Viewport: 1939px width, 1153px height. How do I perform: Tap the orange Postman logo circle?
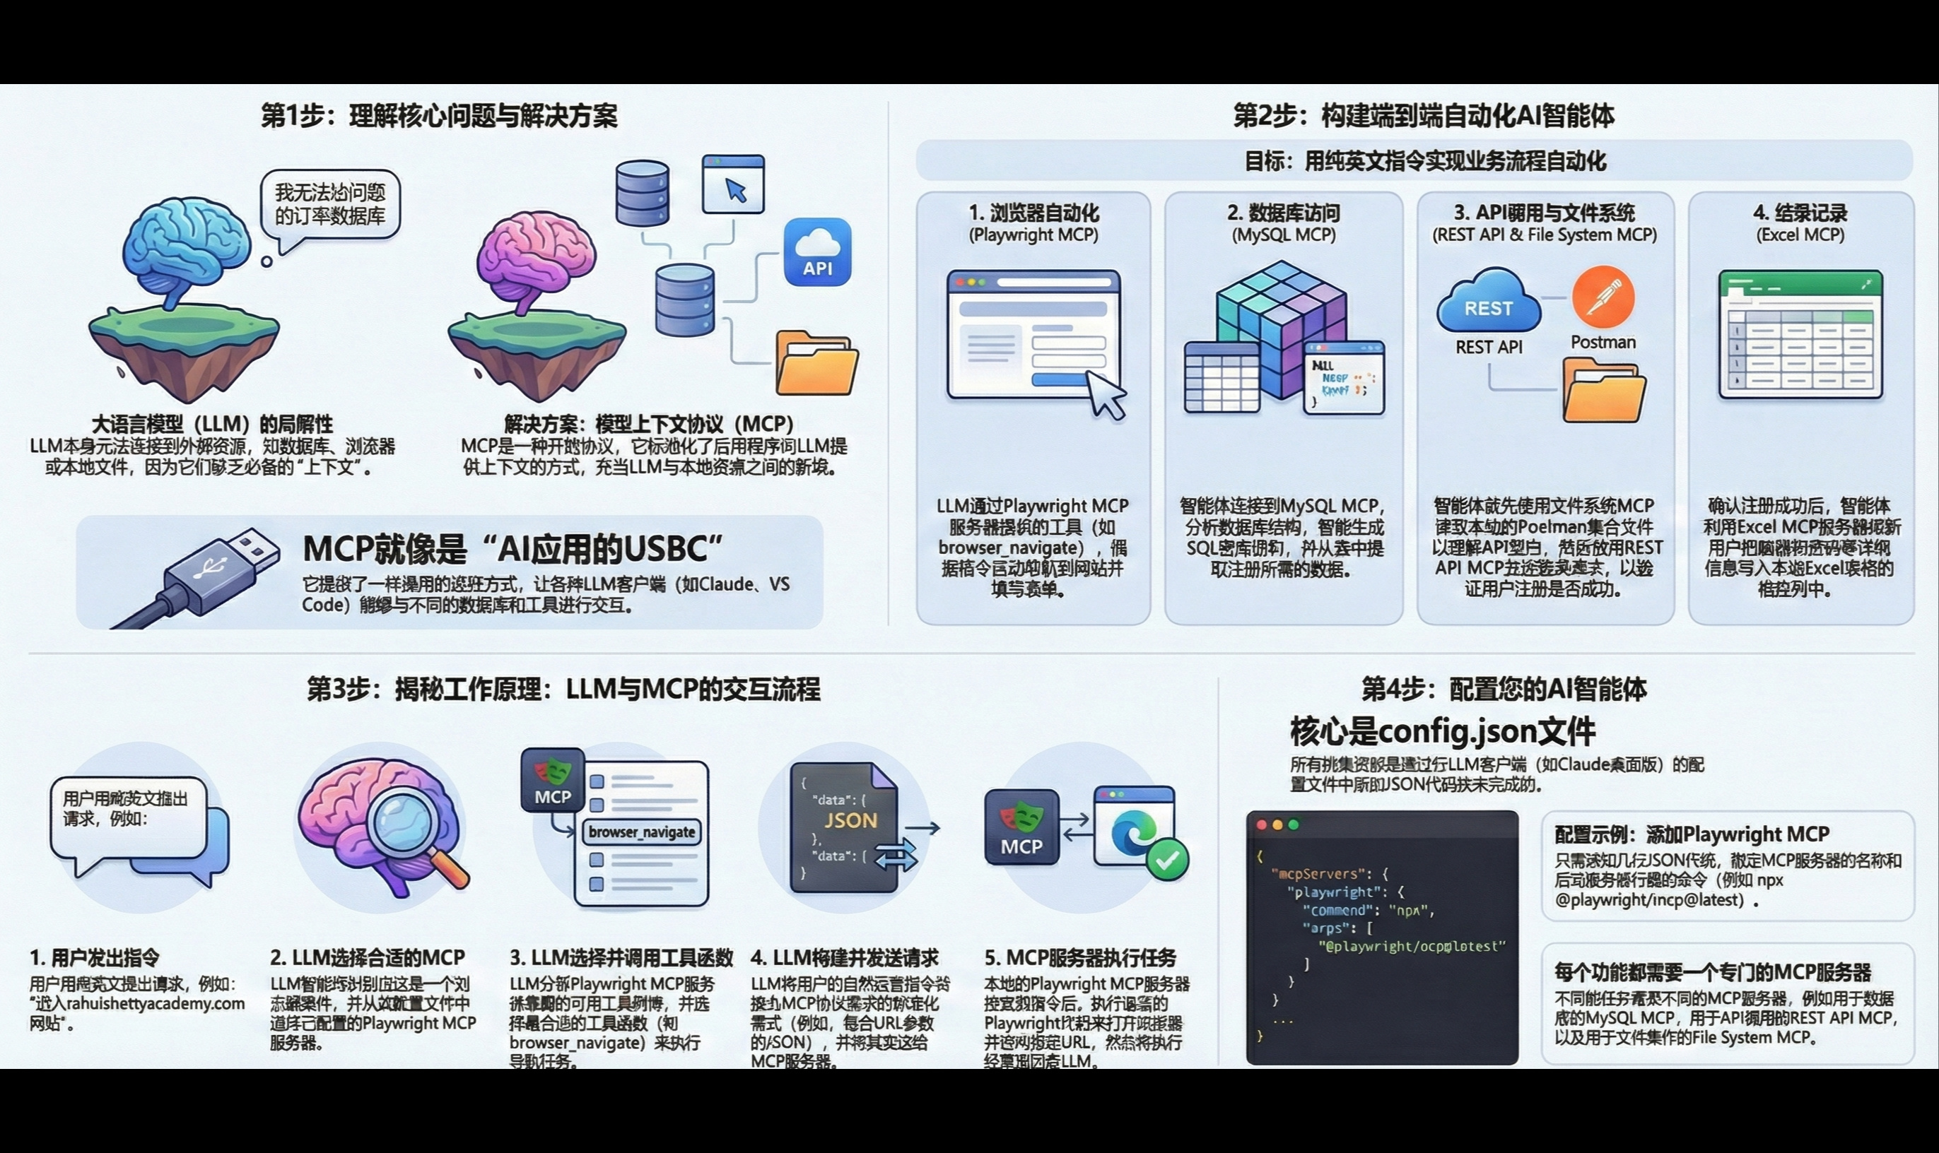click(1603, 297)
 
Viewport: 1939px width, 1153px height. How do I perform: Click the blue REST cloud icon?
click(1488, 302)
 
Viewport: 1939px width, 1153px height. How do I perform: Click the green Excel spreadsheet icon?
click(1800, 333)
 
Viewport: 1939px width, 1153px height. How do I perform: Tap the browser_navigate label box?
click(641, 832)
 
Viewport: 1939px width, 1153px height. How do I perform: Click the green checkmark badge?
click(1166, 859)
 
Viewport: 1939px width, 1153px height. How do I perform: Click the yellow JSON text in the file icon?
click(850, 820)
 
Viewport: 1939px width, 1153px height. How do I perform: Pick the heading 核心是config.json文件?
click(1442, 731)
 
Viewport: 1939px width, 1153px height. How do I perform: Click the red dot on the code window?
click(1261, 825)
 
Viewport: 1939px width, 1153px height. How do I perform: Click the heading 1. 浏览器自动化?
click(1033, 213)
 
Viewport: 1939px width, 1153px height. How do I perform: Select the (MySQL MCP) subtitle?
click(1283, 235)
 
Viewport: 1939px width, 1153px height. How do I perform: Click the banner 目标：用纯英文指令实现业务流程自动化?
click(1414, 161)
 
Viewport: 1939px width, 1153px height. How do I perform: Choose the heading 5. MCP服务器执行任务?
click(1080, 957)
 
